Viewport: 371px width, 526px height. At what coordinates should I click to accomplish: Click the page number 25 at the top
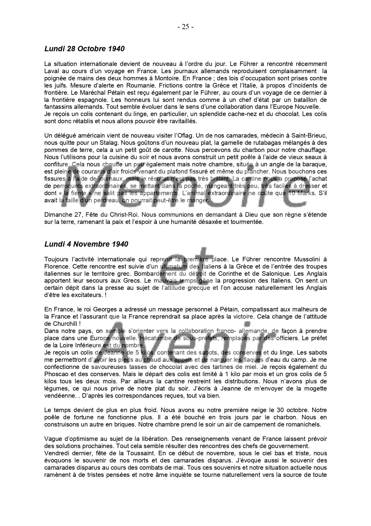185,27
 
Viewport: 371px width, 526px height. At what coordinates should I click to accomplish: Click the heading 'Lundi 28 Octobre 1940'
84,49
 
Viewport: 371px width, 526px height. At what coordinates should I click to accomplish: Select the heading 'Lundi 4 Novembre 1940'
86,244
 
